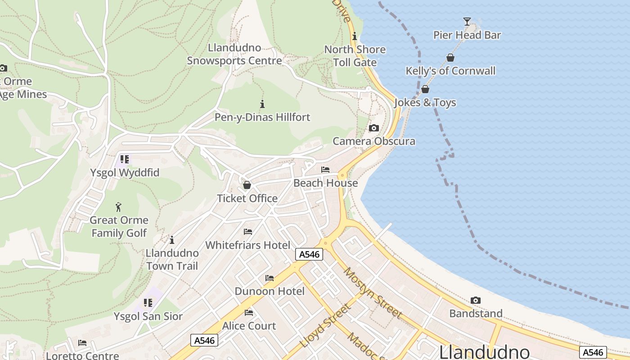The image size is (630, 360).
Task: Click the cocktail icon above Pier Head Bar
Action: tap(467, 21)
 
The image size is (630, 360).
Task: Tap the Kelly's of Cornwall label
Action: tap(450, 71)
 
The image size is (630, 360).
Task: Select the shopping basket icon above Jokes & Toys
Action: tap(425, 89)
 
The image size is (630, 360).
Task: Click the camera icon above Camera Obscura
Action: tap(374, 128)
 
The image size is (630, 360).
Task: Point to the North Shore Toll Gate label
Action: tap(355, 56)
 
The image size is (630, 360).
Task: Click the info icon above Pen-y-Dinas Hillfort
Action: tap(262, 104)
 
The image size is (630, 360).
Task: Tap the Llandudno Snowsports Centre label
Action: tap(234, 54)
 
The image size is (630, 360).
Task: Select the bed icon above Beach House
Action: tap(325, 170)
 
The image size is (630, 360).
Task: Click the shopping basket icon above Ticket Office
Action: tap(247, 185)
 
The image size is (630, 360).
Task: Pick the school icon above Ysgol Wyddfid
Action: tap(125, 159)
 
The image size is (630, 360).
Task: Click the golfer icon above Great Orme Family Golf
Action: tap(118, 207)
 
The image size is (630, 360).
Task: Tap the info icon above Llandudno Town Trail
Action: tap(172, 240)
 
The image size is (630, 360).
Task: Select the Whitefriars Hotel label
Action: tap(247, 245)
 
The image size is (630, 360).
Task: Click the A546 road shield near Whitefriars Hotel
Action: tap(310, 254)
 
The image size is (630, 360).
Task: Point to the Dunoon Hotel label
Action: tap(270, 291)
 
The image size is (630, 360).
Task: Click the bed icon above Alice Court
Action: tap(249, 312)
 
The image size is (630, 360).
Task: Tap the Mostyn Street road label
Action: tap(373, 292)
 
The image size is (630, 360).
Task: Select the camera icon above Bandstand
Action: tap(476, 300)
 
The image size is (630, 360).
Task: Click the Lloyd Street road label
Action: tap(325, 325)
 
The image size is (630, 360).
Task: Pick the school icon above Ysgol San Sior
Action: tap(148, 303)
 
